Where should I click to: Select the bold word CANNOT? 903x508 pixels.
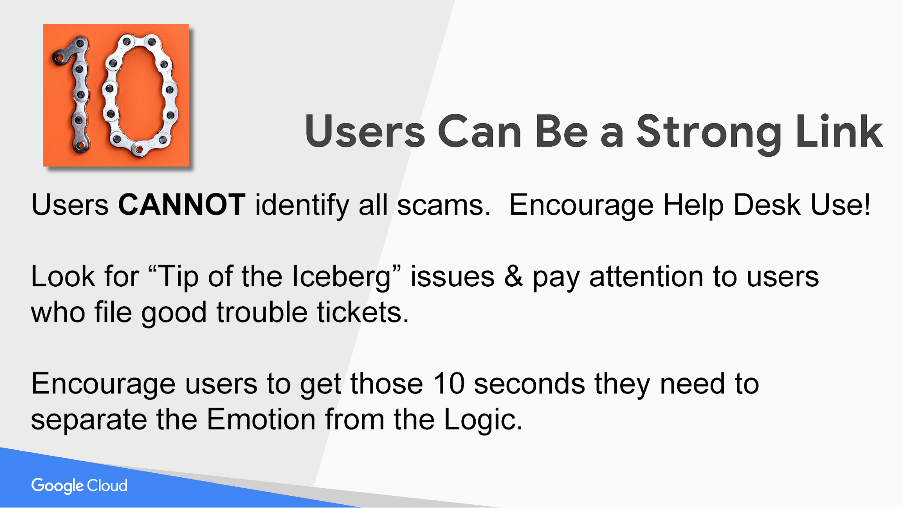(182, 205)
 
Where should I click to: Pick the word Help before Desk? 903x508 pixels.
(693, 206)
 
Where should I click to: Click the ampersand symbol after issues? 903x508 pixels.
(514, 276)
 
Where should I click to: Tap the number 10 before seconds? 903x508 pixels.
(449, 384)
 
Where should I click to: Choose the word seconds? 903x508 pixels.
(529, 384)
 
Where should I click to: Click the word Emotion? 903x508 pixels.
(261, 419)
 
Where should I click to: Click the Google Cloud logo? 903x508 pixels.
(80, 486)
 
